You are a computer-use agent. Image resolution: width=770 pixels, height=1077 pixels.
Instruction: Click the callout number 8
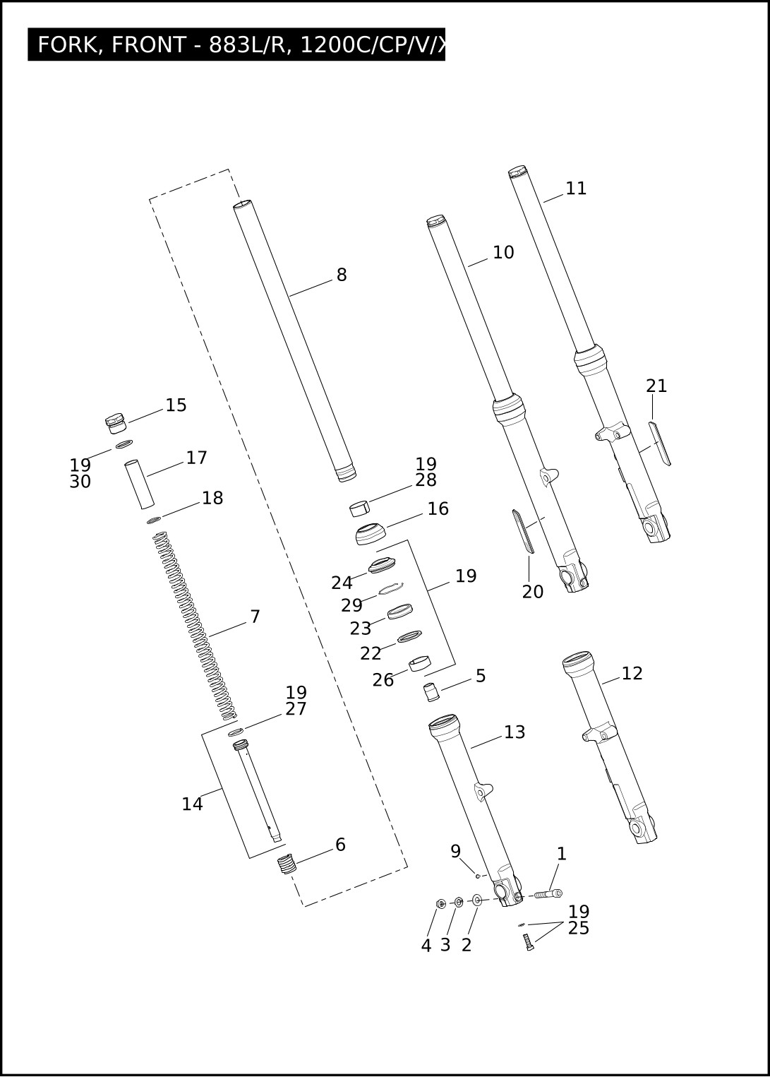pos(342,275)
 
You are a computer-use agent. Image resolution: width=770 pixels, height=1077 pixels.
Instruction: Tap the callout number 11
pos(576,189)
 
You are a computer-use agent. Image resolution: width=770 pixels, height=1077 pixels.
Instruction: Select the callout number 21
pos(656,386)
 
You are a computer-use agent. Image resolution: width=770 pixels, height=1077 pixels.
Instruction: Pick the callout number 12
pos(632,674)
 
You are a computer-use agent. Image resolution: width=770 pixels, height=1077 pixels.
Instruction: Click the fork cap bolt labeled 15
pos(115,423)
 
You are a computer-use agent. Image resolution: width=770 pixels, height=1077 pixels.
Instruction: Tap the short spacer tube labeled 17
pos(139,484)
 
